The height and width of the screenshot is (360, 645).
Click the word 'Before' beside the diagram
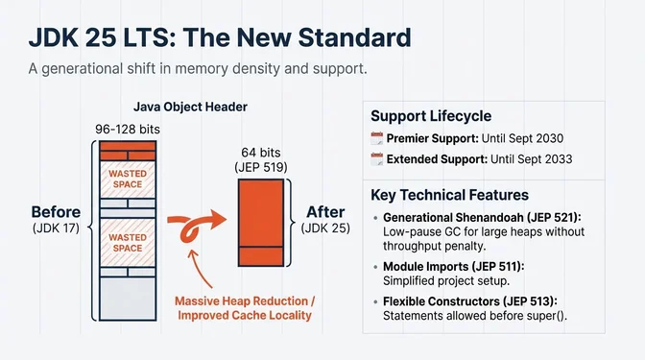click(x=55, y=211)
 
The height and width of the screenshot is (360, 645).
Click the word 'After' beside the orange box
click(x=324, y=211)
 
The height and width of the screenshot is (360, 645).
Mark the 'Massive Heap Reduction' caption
click(x=244, y=300)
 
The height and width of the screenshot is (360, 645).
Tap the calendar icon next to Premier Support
click(x=377, y=138)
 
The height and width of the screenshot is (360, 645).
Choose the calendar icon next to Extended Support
click(x=377, y=158)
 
